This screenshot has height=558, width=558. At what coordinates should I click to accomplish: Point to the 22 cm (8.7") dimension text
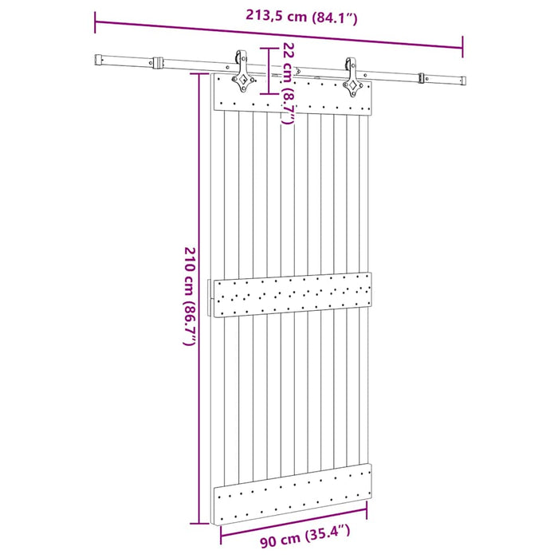(x=289, y=83)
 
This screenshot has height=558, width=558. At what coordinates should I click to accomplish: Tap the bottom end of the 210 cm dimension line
(x=195, y=525)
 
